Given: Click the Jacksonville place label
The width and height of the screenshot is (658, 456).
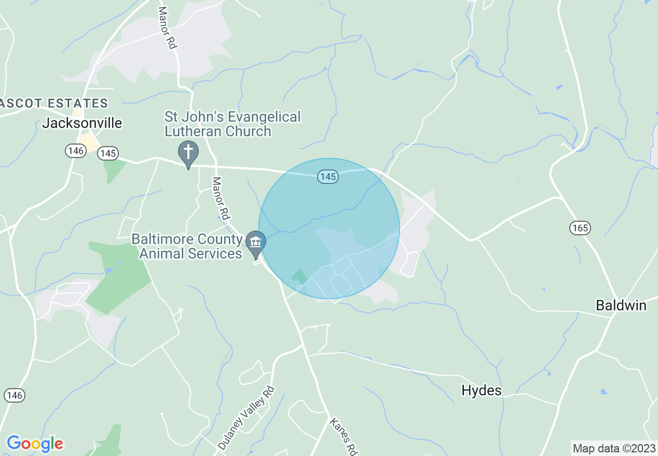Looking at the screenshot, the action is tap(82, 123).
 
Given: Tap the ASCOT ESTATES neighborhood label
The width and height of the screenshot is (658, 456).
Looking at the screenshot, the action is tap(54, 104).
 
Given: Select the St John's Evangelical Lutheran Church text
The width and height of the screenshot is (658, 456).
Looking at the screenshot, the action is tap(232, 124).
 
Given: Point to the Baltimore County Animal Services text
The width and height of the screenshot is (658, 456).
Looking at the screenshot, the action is tap(187, 246).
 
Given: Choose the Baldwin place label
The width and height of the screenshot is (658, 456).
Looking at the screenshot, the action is tap(621, 306).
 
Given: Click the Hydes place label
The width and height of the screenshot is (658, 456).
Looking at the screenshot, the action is tap(482, 391).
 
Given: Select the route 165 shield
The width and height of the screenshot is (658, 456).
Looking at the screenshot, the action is tap(580, 227).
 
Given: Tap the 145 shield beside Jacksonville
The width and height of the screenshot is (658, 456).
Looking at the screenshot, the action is tap(108, 153).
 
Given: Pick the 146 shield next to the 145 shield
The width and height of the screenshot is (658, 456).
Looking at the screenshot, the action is tap(75, 151).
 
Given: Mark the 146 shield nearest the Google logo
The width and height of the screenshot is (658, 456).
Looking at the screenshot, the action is tap(15, 395).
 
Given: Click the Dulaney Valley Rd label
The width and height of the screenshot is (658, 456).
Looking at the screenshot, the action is tap(245, 418).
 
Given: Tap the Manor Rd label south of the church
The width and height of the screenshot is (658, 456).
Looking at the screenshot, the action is tap(221, 198).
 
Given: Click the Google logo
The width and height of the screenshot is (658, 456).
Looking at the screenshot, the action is tap(35, 444).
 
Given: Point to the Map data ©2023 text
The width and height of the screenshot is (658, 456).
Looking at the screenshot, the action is tap(613, 448).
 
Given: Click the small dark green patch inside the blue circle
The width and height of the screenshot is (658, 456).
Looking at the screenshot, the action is tap(299, 276).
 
